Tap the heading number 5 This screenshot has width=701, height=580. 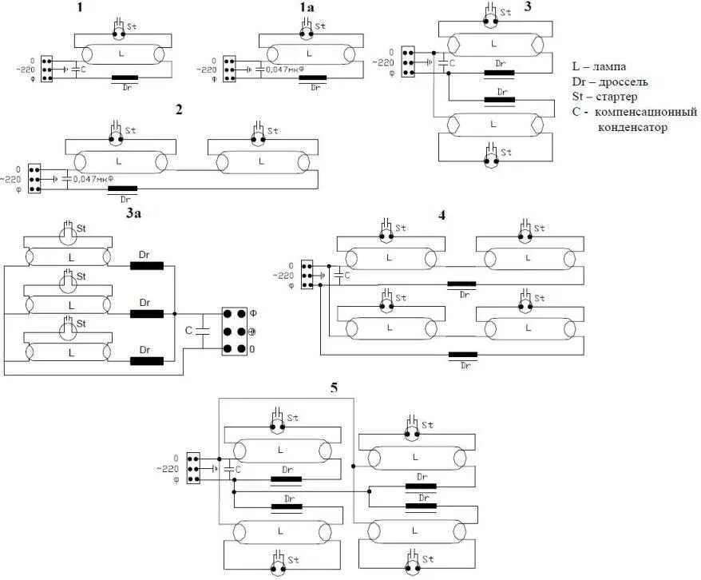point(334,388)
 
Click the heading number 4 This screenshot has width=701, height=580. point(442,213)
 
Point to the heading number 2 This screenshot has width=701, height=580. point(179,109)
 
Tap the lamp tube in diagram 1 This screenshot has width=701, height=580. point(121,54)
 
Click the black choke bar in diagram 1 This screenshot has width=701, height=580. point(125,78)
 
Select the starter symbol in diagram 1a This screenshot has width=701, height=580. point(305,30)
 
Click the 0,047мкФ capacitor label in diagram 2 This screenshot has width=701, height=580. point(95,179)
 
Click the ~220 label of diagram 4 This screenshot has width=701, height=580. point(285,275)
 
